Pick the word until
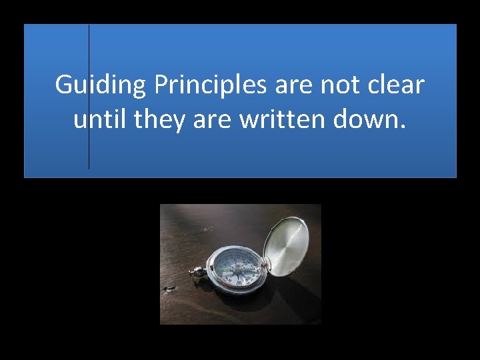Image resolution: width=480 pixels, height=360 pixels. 100,120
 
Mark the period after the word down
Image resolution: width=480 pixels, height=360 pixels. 402,127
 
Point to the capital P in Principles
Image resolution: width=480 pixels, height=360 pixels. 161,85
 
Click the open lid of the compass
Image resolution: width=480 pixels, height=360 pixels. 287,241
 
